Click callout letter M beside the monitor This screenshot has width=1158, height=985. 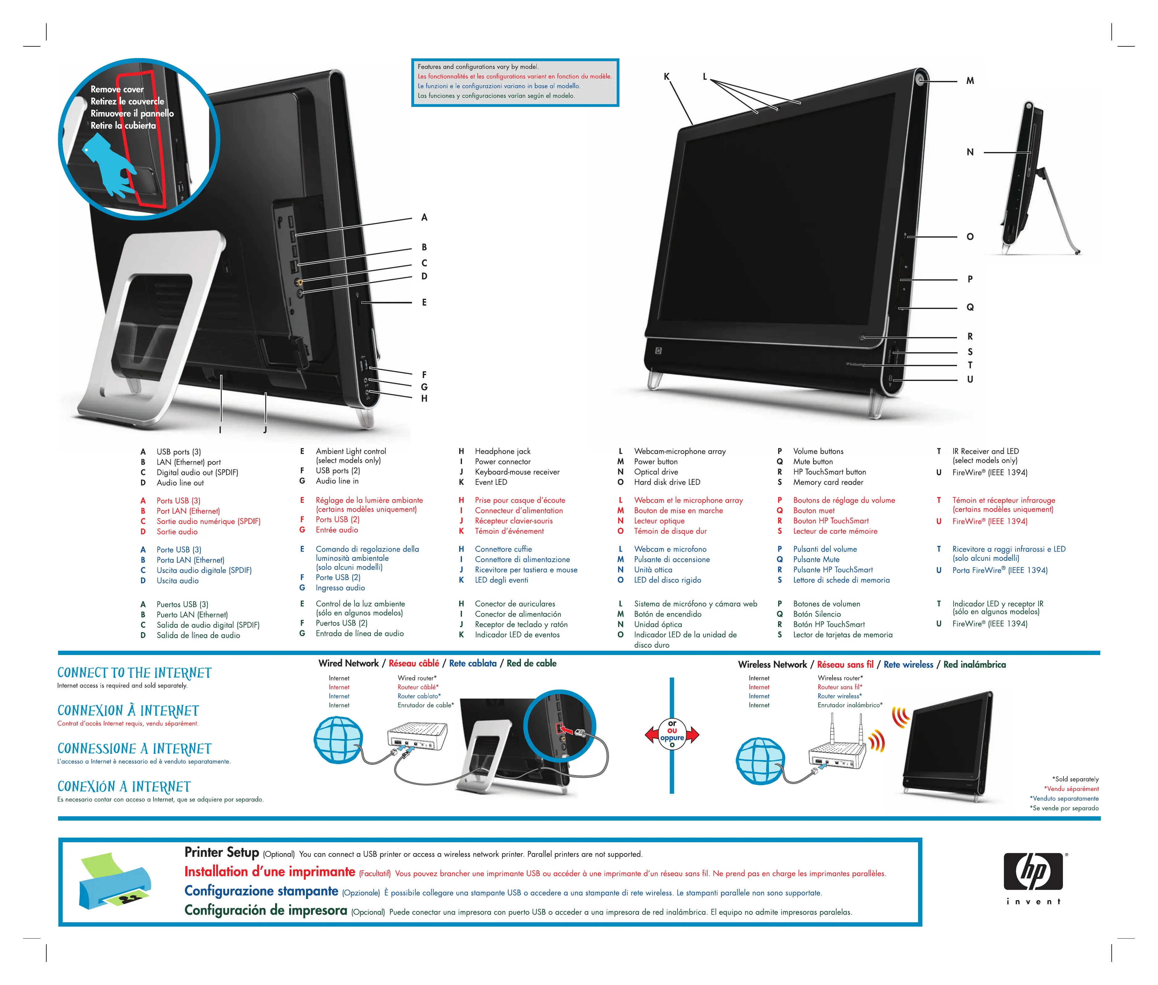click(x=970, y=81)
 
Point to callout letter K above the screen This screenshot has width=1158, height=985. click(x=666, y=77)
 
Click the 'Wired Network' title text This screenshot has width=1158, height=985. click(x=348, y=663)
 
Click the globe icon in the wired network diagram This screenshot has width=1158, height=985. click(x=338, y=740)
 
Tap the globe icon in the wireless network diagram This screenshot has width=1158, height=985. click(x=760, y=760)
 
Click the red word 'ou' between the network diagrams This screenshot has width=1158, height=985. click(x=672, y=730)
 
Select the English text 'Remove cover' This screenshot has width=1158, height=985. click(x=117, y=89)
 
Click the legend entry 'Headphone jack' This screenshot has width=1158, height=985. click(x=502, y=451)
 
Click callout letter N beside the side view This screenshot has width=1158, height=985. click(x=970, y=152)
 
